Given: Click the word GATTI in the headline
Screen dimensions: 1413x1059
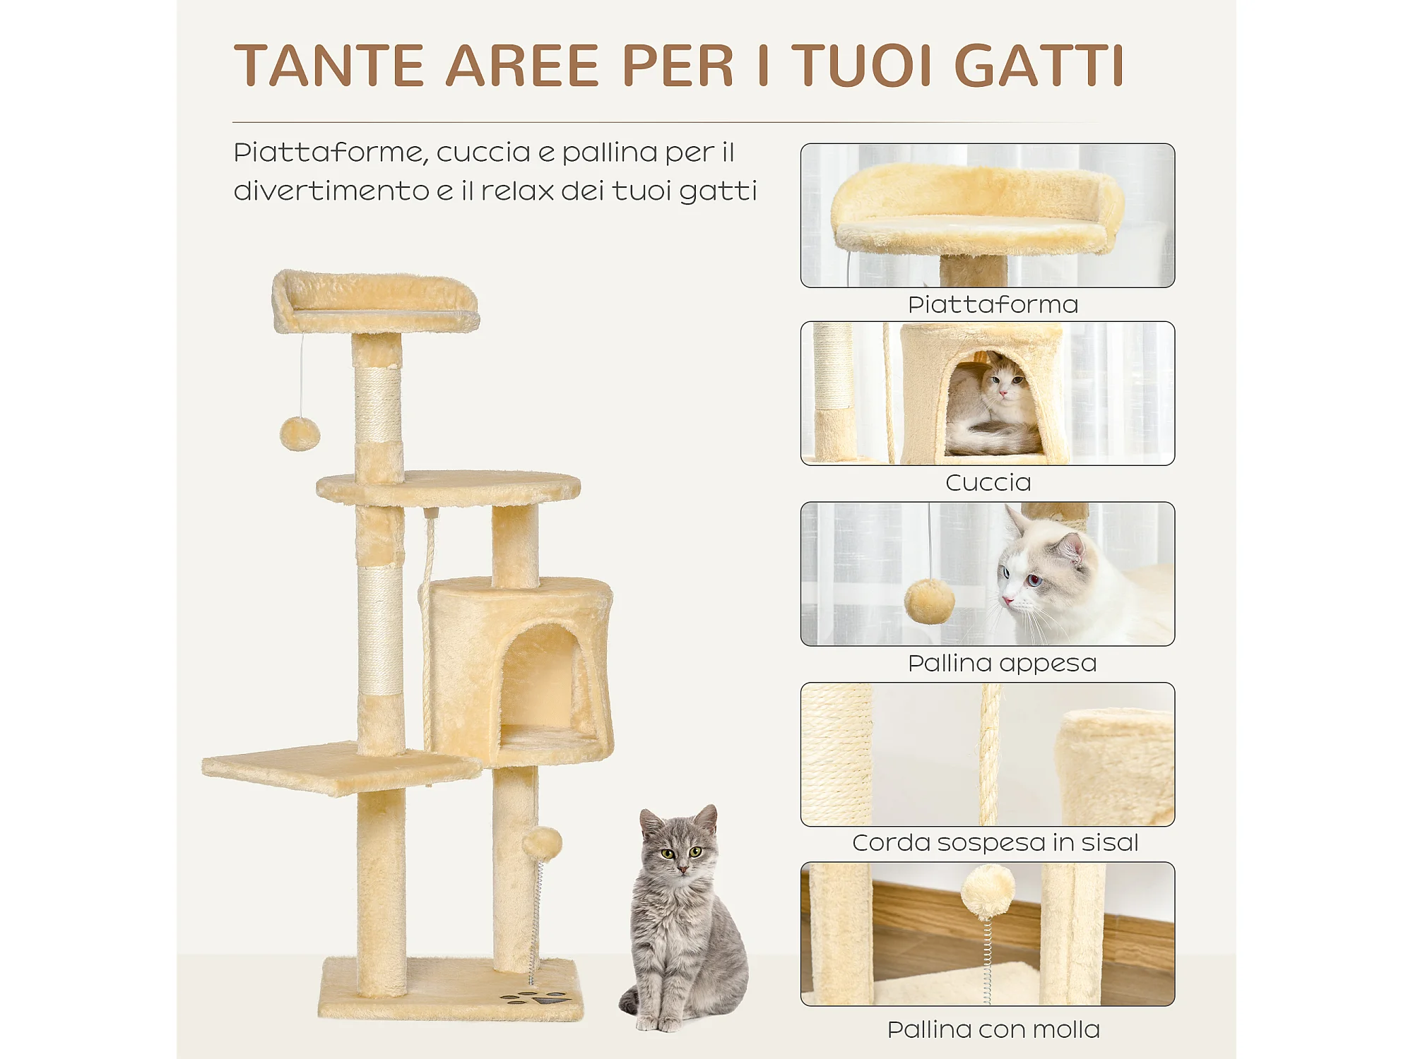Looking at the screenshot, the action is [1039, 66].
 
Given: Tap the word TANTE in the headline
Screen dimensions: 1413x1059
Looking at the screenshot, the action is [329, 66].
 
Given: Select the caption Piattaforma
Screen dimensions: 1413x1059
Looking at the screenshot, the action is [993, 305].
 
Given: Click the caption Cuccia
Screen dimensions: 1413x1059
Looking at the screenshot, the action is [988, 483].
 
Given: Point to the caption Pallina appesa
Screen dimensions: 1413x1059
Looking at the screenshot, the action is [1002, 664].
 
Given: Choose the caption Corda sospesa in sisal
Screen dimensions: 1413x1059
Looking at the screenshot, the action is [995, 843].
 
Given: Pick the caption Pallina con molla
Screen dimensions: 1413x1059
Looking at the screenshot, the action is [993, 1030].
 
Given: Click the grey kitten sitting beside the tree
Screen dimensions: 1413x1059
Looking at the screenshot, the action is [682, 918].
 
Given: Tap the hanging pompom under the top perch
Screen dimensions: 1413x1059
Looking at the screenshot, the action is [300, 433].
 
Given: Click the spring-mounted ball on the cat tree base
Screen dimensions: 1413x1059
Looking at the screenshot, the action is [542, 844].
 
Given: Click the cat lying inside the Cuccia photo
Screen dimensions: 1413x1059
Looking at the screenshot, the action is [993, 406].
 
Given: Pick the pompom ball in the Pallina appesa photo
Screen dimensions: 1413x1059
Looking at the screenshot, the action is [929, 601].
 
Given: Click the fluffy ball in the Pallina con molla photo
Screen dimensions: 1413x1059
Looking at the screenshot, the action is [987, 892].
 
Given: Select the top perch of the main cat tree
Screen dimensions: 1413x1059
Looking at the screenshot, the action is [375, 301].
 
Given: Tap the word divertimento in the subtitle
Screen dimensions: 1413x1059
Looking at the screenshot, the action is [331, 191].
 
